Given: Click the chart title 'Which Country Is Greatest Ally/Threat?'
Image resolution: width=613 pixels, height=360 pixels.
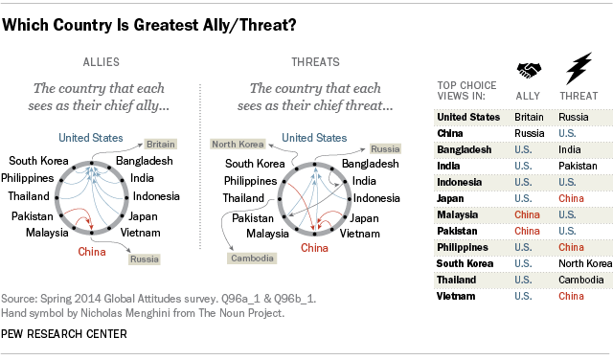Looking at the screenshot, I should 155,28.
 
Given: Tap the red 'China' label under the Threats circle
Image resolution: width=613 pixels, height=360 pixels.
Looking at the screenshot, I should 314,248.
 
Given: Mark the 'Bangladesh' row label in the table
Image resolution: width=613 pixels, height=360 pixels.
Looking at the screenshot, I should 465,149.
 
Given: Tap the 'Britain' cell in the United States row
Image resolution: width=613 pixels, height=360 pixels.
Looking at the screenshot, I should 527,117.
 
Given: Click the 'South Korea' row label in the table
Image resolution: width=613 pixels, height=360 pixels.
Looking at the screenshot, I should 466,263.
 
